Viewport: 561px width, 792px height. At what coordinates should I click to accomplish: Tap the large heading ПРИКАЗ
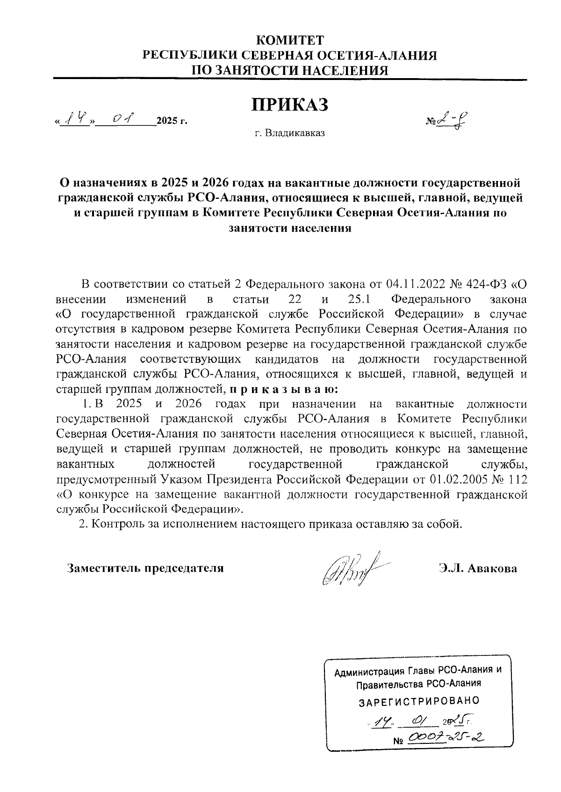[290, 104]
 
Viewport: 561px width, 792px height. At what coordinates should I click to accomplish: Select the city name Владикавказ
[295, 133]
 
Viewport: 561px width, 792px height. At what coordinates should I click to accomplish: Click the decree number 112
[518, 480]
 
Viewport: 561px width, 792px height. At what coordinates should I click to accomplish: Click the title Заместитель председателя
[145, 568]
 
